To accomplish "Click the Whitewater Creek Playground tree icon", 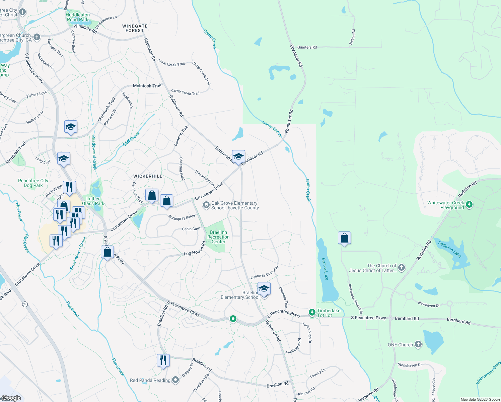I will pyautogui.click(x=469, y=204).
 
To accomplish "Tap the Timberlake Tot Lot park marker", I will pyautogui.click(x=312, y=313).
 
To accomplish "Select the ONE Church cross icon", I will pyautogui.click(x=418, y=344).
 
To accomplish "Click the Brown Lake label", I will pyautogui.click(x=325, y=269).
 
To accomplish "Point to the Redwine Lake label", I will pyautogui.click(x=450, y=250).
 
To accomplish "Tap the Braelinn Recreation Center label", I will pyautogui.click(x=218, y=237).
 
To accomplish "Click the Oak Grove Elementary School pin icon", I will pyautogui.click(x=206, y=205).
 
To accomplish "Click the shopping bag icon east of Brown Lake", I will pyautogui.click(x=344, y=238).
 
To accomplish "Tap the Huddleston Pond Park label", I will pyautogui.click(x=78, y=17).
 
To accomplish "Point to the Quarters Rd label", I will pyautogui.click(x=307, y=47).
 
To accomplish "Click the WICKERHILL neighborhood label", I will pyautogui.click(x=148, y=176).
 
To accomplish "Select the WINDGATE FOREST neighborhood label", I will pyautogui.click(x=135, y=28).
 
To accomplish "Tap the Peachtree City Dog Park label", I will pyautogui.click(x=33, y=183).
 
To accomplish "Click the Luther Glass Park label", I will pyautogui.click(x=93, y=201).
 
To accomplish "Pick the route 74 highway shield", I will pyautogui.click(x=25, y=305).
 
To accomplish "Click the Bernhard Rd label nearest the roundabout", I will pyautogui.click(x=407, y=319).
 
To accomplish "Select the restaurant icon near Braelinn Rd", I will pyautogui.click(x=163, y=360).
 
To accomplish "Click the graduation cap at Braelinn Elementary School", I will pyautogui.click(x=264, y=288).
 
